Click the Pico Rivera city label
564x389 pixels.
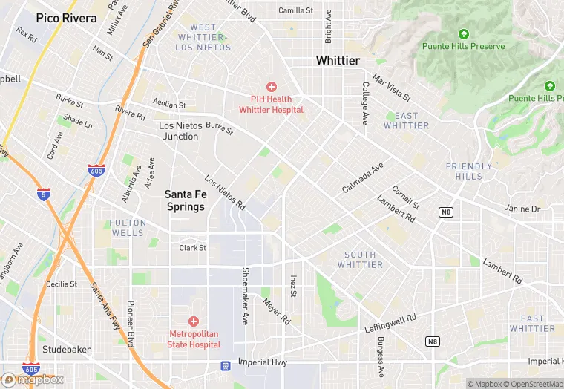point(66,17)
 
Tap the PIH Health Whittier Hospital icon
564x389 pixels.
point(271,88)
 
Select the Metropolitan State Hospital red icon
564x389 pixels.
point(194,321)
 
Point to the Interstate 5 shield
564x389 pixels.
point(44,194)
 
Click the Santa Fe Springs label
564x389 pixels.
point(185,200)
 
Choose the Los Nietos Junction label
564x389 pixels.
point(179,131)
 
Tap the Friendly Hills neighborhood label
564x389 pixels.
point(468,171)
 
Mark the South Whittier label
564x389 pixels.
point(360,260)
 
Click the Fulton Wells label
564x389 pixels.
point(127,228)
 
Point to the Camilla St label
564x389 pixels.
point(296,10)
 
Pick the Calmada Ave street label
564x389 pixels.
point(362,178)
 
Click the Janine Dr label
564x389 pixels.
point(522,209)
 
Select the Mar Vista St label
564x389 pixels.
point(391,87)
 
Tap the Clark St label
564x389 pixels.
point(192,248)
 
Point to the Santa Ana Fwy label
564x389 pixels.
point(105,304)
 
